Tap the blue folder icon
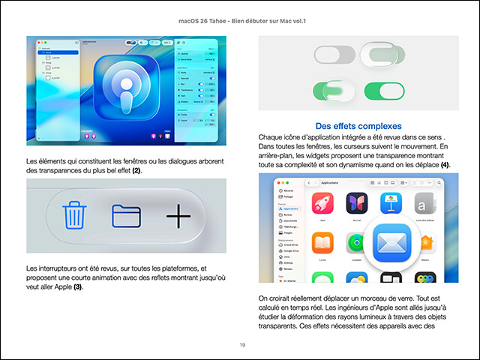tap(126, 216)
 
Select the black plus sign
tap(178, 216)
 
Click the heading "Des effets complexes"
tap(358, 125)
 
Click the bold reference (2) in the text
tap(136, 172)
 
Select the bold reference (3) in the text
tap(77, 287)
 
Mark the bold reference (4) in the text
tap(445, 165)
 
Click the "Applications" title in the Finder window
tap(331, 182)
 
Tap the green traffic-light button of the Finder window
tap(289, 182)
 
